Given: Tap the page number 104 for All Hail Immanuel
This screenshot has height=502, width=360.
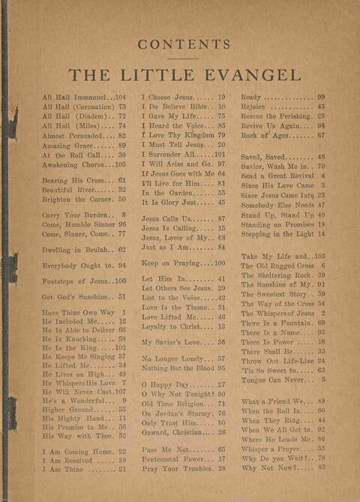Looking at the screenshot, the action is coord(119,98).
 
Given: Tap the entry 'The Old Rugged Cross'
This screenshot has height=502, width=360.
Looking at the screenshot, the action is coord(275,266).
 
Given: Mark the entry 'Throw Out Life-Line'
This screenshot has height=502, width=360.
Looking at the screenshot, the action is coord(274,360).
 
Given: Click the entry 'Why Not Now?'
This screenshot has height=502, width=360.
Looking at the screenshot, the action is coord(267,467).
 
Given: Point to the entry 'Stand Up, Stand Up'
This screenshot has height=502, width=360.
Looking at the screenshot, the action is coord(274,215).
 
